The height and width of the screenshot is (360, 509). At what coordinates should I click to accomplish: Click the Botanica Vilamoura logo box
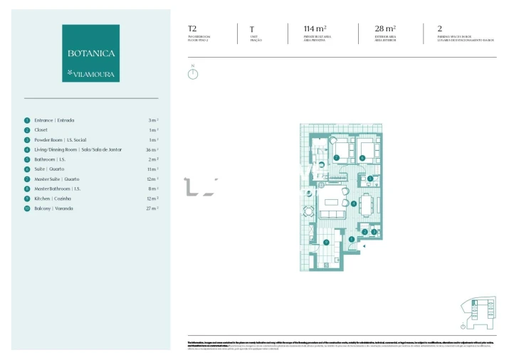point(90,53)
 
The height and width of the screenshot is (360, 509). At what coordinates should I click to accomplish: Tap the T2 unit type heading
point(192,29)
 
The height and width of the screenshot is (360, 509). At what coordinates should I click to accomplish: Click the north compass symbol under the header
point(192,73)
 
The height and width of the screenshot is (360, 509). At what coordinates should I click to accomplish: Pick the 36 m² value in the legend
point(152,150)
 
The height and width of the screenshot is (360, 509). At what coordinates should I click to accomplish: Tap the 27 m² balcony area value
point(152,208)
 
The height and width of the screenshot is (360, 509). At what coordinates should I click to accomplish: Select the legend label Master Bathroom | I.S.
point(58,189)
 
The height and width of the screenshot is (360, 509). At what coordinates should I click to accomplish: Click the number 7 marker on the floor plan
point(336,157)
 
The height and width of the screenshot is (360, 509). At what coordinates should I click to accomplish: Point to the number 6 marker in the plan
point(362,157)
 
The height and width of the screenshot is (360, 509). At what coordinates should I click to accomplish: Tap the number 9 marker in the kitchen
point(326,243)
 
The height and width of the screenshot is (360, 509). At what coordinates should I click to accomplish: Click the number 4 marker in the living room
point(354,203)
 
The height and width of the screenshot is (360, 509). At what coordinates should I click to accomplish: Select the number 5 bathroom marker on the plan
point(370,178)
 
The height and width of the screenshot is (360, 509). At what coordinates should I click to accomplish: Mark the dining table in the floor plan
point(366,205)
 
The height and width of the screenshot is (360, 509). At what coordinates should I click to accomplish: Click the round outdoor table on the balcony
point(308,211)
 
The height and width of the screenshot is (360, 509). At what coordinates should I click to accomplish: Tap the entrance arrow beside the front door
point(364,245)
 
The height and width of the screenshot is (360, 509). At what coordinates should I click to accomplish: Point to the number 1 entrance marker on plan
point(351,239)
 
